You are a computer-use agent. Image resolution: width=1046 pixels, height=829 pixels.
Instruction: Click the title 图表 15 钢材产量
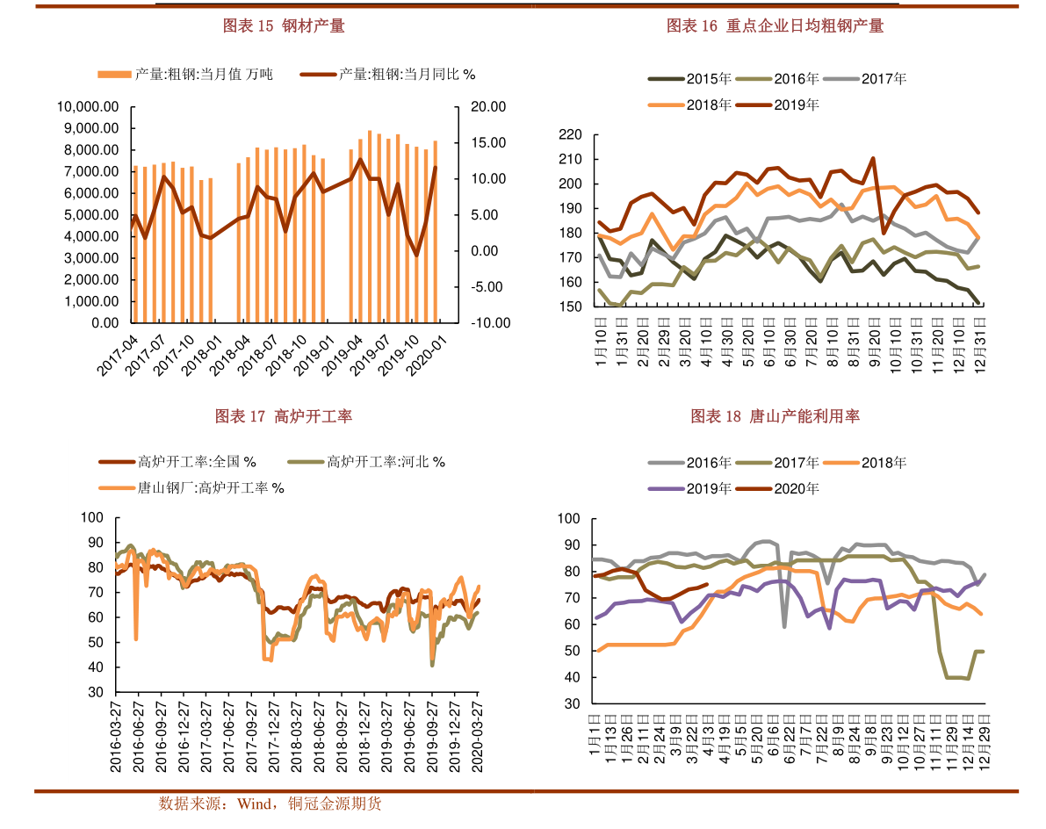[x=283, y=26]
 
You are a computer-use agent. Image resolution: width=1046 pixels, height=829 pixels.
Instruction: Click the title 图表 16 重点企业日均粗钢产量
[x=775, y=26]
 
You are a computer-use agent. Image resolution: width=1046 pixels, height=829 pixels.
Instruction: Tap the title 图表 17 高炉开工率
[x=283, y=416]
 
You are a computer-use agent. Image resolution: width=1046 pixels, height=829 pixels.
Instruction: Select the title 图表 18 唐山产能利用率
[x=775, y=416]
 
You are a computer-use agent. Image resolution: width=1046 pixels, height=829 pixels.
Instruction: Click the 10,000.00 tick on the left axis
[x=88, y=107]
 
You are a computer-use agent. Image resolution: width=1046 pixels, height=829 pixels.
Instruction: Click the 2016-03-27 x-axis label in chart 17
[x=116, y=736]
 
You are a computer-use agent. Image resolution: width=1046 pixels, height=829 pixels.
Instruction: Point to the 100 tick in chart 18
[x=569, y=519]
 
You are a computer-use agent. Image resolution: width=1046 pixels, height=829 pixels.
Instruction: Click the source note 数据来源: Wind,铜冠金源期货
[x=270, y=803]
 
